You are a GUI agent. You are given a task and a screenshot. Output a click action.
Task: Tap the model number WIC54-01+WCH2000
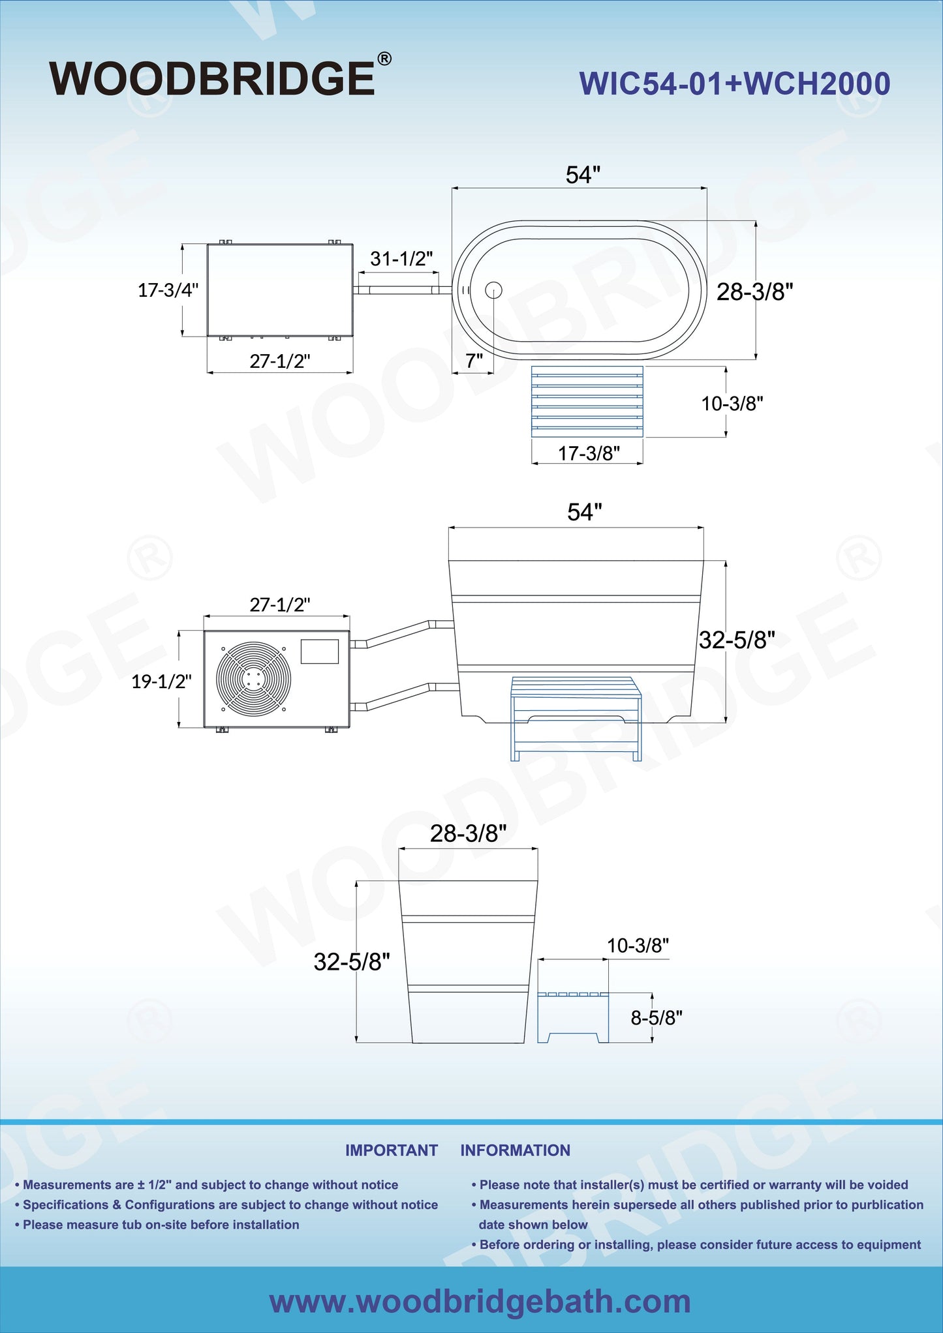(x=735, y=84)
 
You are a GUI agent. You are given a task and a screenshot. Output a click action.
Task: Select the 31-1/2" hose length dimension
(x=401, y=259)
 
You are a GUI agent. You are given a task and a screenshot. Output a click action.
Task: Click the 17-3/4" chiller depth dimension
(x=168, y=290)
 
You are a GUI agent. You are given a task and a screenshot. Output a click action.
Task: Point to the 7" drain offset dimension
(x=474, y=360)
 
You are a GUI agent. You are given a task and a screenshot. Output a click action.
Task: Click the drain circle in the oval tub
(x=493, y=290)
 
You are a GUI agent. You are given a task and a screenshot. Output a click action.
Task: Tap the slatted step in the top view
(x=587, y=401)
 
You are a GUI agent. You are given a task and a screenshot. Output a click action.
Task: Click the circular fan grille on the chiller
(x=252, y=678)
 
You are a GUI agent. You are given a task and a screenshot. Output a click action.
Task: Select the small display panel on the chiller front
(x=320, y=651)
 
